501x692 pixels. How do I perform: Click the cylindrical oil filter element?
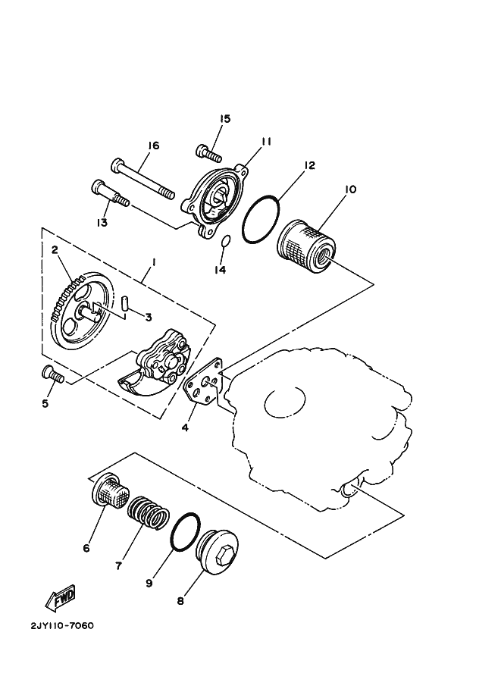click(306, 247)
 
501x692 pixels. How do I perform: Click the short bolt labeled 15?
click(208, 152)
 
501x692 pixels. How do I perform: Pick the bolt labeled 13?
click(111, 194)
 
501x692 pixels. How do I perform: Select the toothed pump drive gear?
click(80, 315)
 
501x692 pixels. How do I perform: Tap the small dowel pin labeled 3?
click(126, 303)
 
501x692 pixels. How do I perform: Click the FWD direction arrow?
click(59, 600)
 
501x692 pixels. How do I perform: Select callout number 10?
click(350, 189)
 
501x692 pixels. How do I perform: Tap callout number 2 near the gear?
click(55, 249)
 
